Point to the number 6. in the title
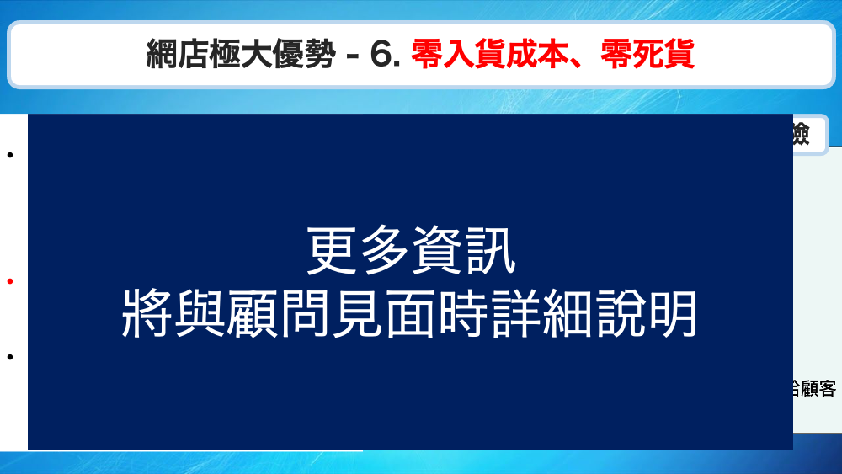[x=385, y=56]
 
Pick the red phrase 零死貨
[x=647, y=56]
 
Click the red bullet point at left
[x=10, y=281]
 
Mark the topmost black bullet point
[x=10, y=155]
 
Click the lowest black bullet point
[x=10, y=357]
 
